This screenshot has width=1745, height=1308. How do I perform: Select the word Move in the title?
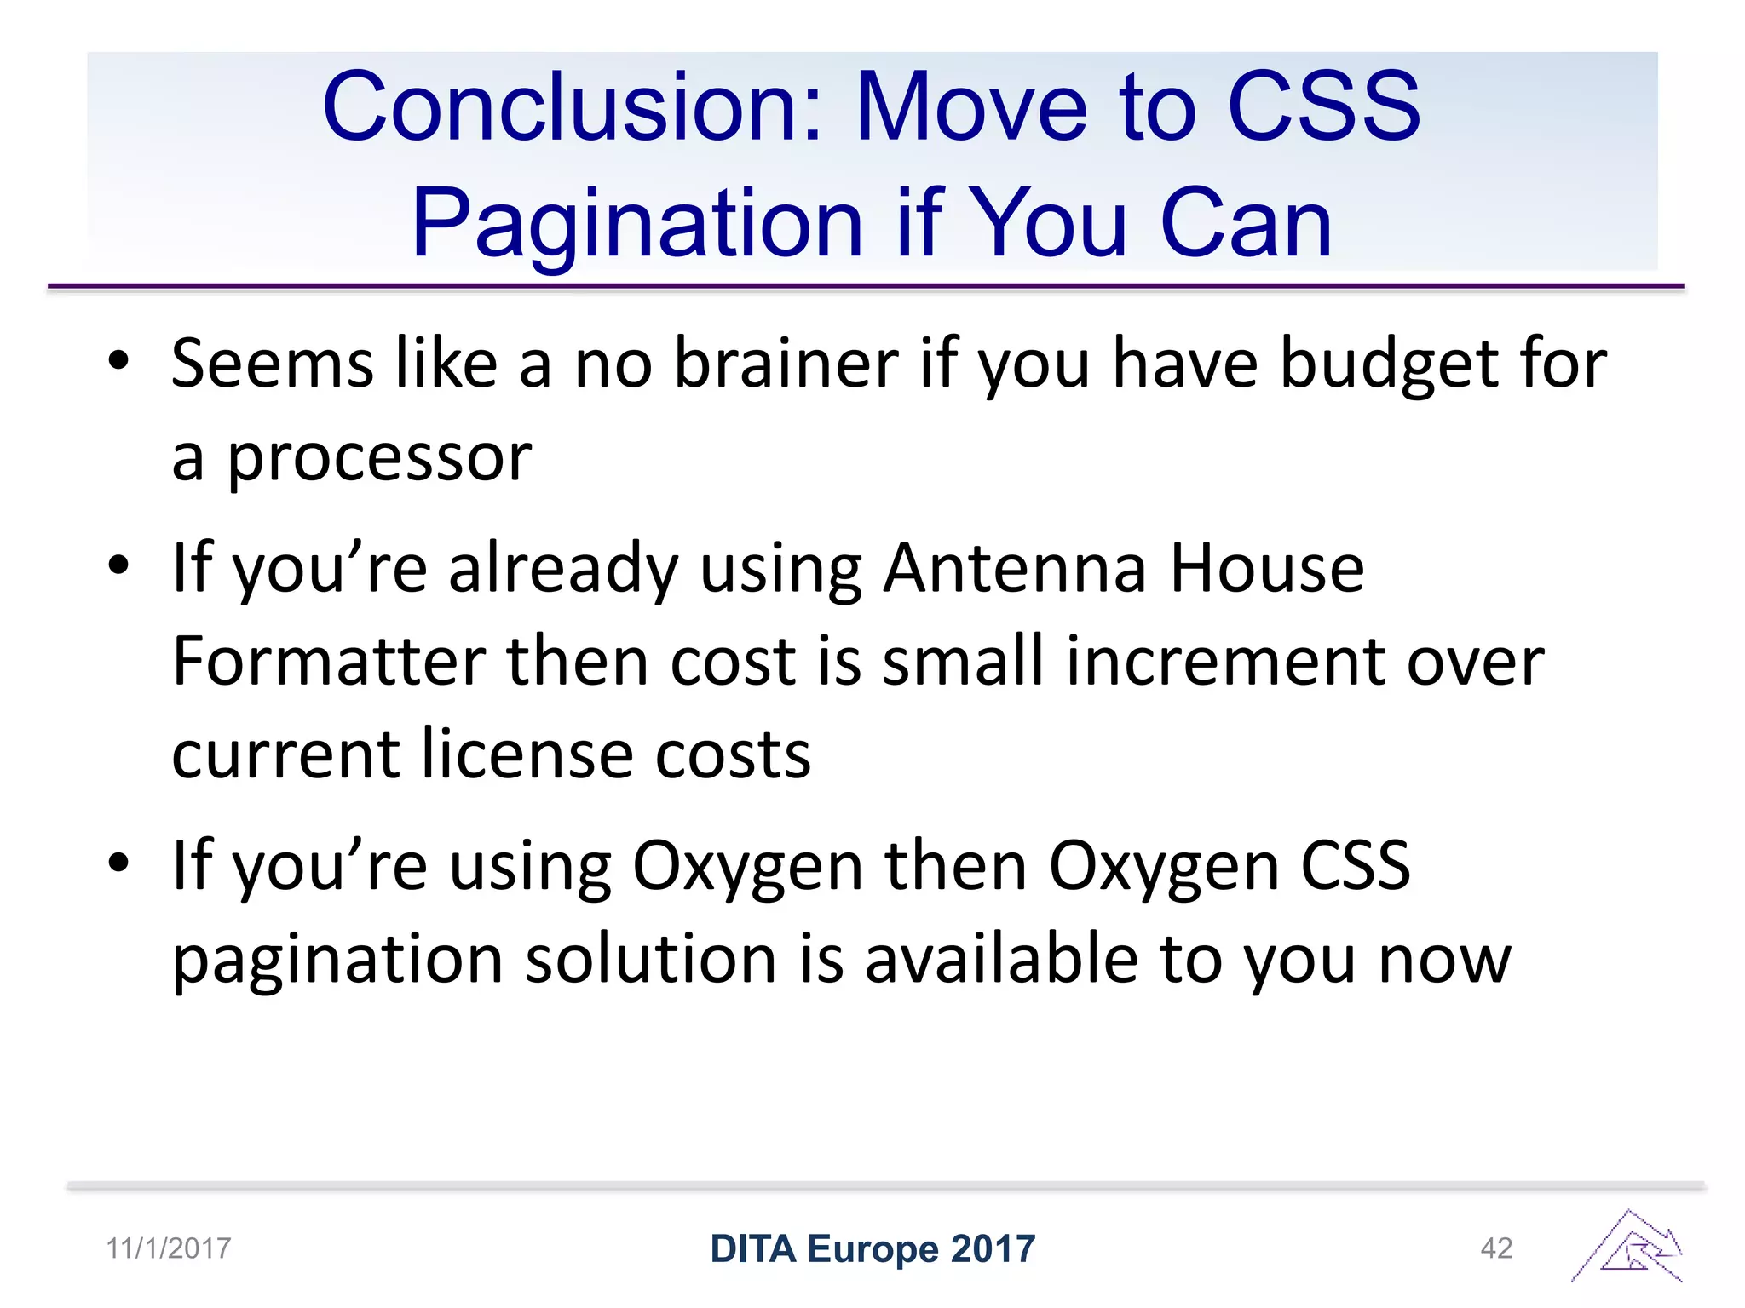point(971,107)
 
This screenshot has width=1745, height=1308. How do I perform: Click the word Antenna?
point(1014,569)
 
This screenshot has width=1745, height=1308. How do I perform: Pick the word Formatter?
point(329,662)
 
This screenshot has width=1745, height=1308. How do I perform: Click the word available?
point(1002,959)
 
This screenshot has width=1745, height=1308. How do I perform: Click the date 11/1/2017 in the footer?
point(169,1248)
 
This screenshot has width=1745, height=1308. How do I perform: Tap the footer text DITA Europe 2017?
point(872,1249)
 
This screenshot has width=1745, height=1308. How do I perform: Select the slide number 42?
point(1496,1248)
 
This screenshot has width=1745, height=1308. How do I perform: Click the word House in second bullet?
point(1267,569)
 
